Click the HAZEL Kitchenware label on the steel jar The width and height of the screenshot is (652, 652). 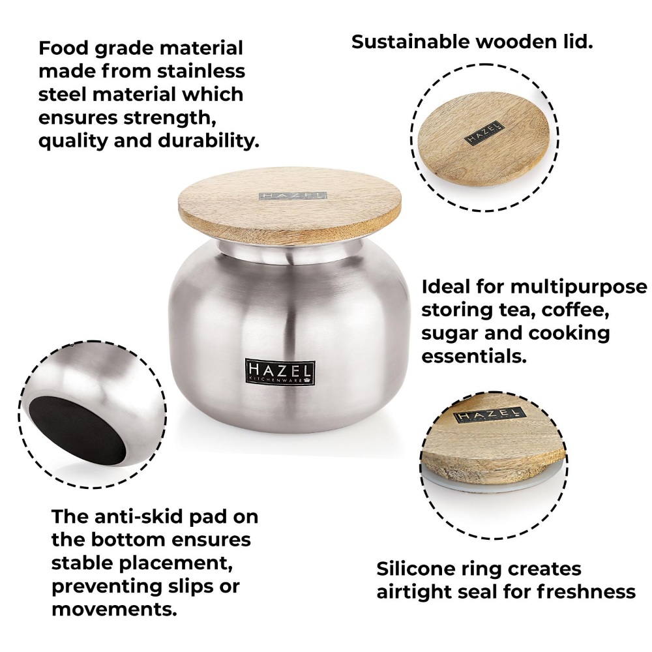280,372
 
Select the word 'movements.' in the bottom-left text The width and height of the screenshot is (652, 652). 115,610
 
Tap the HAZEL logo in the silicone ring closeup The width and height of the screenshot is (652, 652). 488,415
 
